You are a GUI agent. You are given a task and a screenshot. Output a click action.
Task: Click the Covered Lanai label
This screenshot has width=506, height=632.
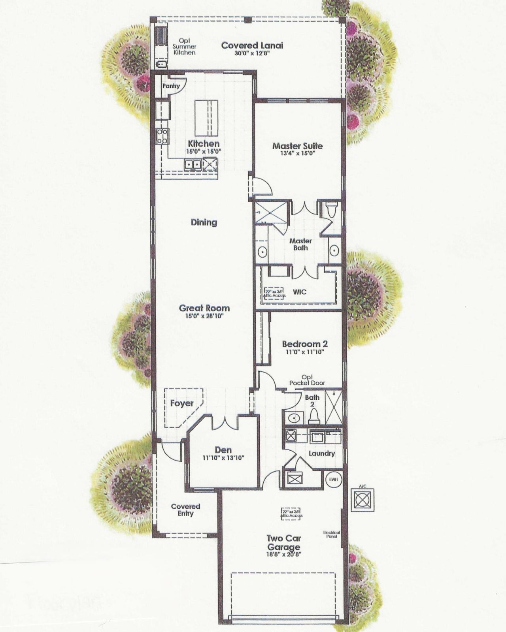tap(252, 45)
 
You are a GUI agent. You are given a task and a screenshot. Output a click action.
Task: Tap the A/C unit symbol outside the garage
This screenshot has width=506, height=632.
tap(363, 500)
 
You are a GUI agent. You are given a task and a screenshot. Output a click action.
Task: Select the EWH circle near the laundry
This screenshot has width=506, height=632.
tap(333, 480)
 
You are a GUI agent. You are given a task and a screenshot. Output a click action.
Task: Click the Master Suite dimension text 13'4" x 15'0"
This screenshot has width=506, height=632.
tap(297, 153)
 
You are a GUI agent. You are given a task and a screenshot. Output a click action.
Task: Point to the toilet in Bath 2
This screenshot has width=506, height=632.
tap(314, 416)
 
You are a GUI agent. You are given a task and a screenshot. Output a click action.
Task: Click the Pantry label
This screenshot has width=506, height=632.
tap(171, 86)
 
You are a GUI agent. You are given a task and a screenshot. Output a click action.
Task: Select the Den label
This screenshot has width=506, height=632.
tap(223, 450)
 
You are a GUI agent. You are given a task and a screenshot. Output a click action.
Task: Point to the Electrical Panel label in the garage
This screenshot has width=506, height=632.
tap(331, 534)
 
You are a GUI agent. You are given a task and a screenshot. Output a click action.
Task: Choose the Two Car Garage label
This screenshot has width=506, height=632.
tap(283, 543)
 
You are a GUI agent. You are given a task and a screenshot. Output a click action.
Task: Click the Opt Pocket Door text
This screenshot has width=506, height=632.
tap(307, 380)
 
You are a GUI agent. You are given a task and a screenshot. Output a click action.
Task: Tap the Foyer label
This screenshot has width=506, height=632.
tap(182, 403)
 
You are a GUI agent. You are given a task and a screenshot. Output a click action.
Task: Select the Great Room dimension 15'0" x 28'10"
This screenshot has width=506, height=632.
tap(204, 316)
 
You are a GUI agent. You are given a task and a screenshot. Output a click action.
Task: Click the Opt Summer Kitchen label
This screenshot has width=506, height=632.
tap(184, 47)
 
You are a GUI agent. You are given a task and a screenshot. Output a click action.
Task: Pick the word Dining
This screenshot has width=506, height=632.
tap(204, 222)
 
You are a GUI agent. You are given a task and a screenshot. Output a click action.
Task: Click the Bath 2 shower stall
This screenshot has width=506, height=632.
tap(333, 407)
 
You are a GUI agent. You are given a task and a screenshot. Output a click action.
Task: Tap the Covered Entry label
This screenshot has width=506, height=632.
tap(185, 510)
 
